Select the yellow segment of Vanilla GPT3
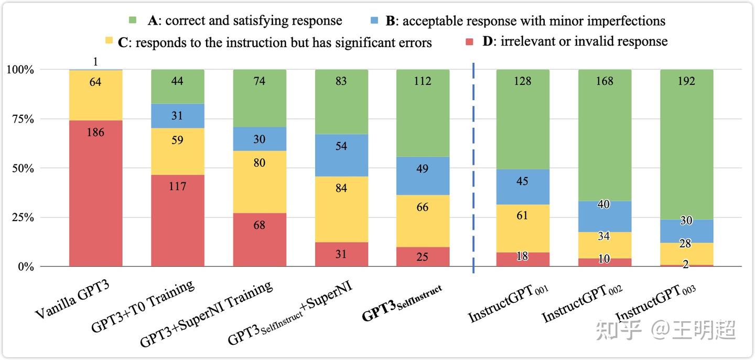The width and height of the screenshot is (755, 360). point(95,95)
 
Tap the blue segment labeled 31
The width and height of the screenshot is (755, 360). point(177,116)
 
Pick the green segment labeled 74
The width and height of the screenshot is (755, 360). point(259,98)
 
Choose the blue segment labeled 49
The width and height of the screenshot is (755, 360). point(423,176)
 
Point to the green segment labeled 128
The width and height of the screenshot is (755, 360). point(523,119)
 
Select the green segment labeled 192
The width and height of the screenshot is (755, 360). point(686,144)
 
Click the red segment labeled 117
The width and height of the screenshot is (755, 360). point(177,220)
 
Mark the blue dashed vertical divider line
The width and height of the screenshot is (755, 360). point(473,168)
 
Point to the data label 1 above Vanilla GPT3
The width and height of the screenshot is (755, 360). point(95,62)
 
